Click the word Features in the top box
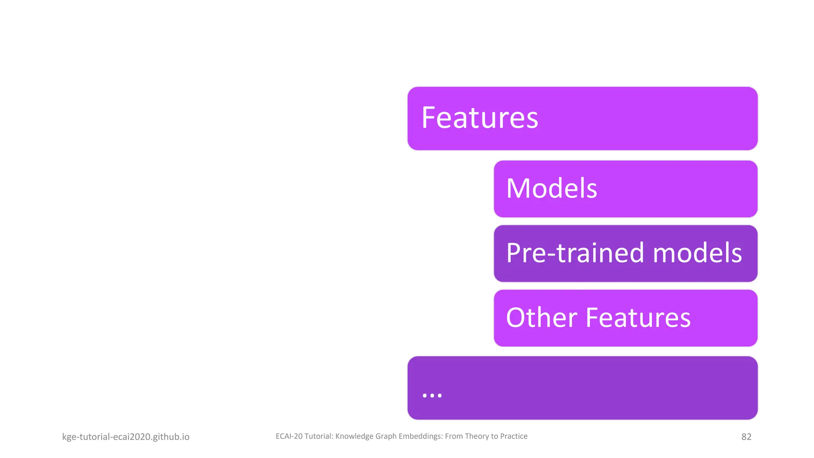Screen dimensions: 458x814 click(479, 118)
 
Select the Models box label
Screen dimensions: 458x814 click(551, 188)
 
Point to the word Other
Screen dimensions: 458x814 click(541, 318)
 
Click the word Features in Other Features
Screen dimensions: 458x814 click(638, 318)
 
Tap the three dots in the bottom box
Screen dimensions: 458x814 click(432, 395)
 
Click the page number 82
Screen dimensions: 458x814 click(746, 437)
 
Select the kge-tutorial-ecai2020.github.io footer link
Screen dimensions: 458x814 click(126, 437)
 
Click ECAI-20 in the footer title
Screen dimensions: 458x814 click(289, 436)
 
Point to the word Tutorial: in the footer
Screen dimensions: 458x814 click(319, 436)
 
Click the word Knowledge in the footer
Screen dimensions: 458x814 click(354, 436)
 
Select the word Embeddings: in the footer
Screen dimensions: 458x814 click(421, 436)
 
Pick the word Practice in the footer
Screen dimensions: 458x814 click(514, 436)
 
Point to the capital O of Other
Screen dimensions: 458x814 click(516, 318)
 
